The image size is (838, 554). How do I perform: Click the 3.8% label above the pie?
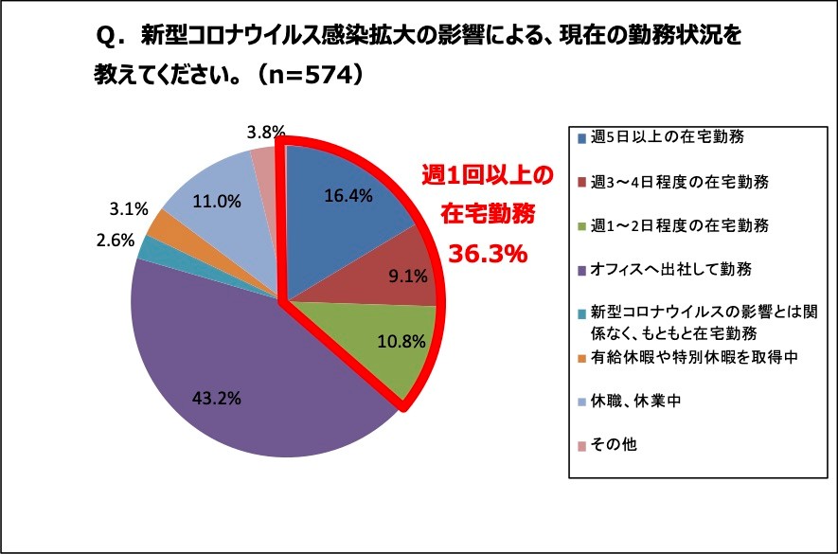[x=266, y=133]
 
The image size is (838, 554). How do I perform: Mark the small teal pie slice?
[x=149, y=246]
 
